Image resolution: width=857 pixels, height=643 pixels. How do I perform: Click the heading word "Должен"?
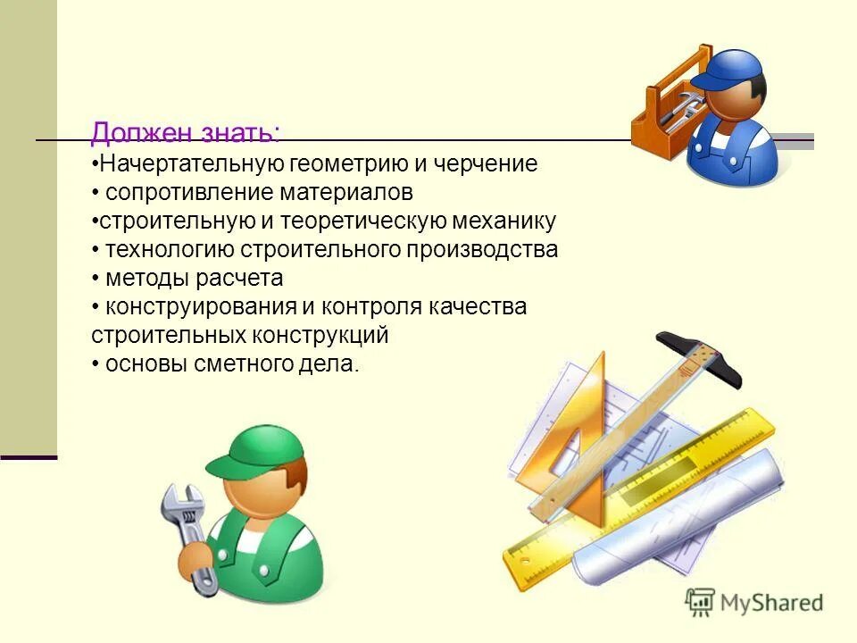pyautogui.click(x=133, y=133)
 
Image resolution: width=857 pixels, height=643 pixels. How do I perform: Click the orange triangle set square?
pyautogui.click(x=580, y=447)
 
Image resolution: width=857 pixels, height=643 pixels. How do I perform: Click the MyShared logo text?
pyautogui.click(x=769, y=603)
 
